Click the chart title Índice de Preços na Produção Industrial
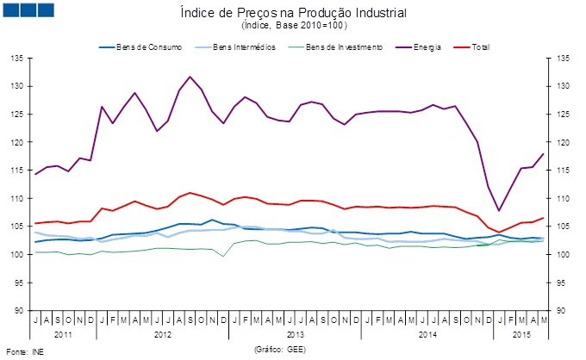pos(294,14)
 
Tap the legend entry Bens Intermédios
pos(245,47)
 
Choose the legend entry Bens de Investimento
pos(344,47)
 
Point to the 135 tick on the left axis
pos(16,59)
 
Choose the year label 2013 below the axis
pos(295,332)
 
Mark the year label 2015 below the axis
pos(522,332)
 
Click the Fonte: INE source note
pos(24,351)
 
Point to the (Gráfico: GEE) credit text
pos(280,351)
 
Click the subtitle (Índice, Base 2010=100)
pos(294,27)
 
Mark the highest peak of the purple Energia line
pos(190,77)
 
